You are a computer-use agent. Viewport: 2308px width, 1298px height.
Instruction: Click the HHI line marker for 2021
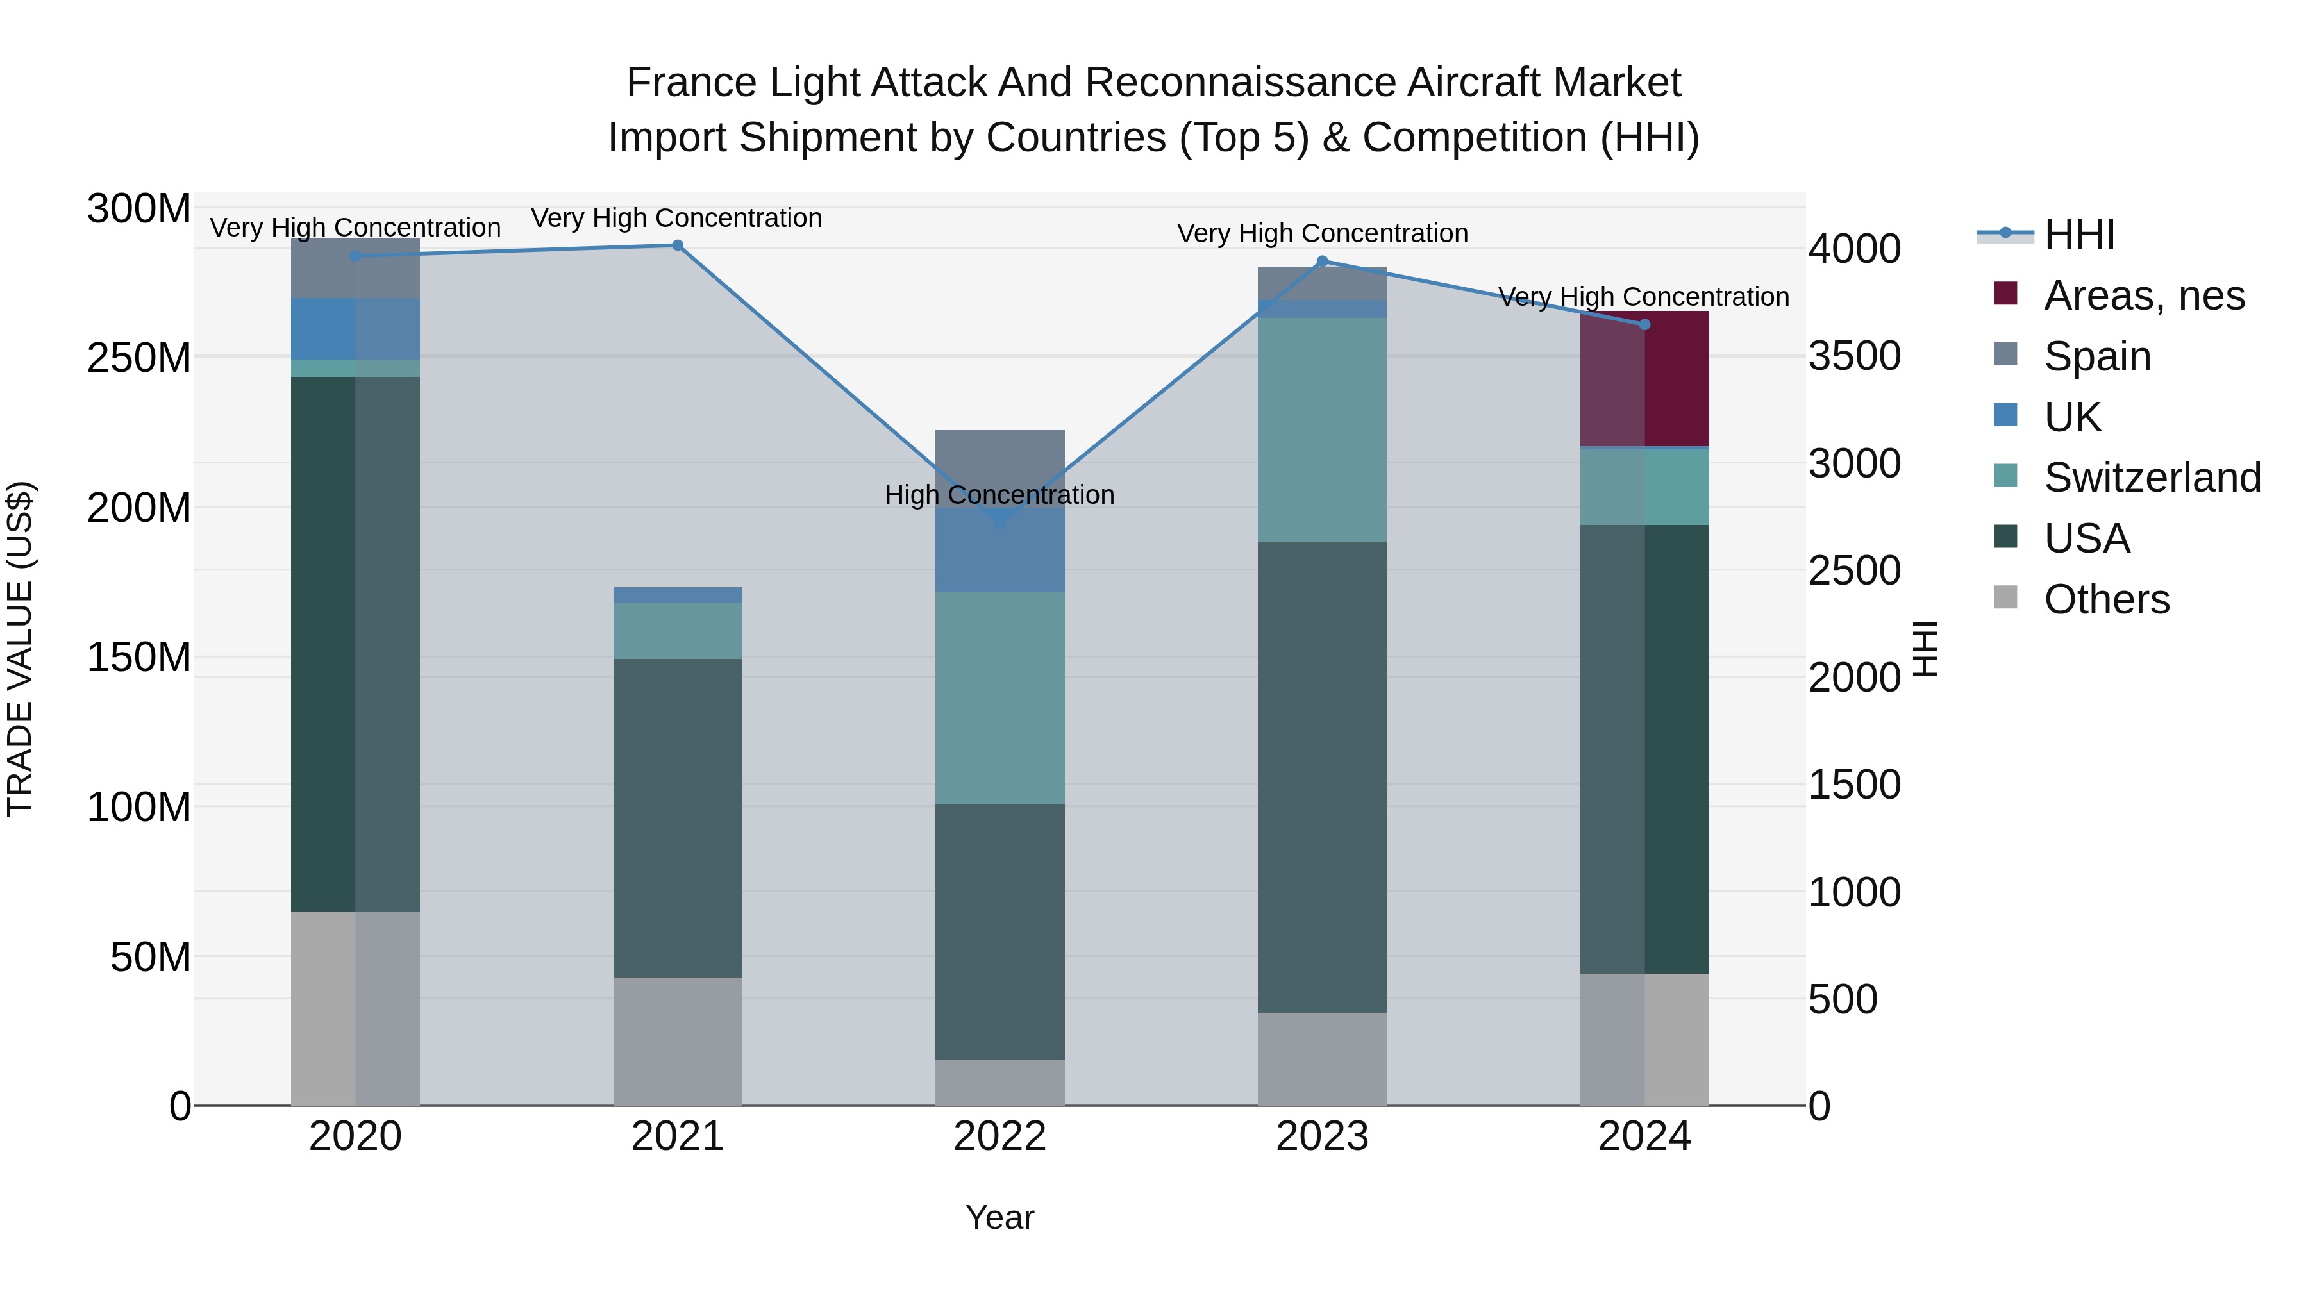coord(678,245)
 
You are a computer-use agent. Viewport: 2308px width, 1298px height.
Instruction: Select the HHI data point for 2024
coord(1644,324)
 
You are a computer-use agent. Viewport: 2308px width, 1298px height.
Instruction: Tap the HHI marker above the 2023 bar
coord(1321,262)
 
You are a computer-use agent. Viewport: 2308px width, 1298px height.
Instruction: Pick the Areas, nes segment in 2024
coord(1644,379)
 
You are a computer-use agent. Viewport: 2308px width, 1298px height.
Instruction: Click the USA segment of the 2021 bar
coord(678,817)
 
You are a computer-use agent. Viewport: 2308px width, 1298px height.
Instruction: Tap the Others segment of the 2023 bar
coord(1321,1059)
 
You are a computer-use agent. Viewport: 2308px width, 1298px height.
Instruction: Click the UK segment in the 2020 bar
coord(355,329)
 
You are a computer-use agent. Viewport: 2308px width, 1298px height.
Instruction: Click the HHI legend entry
coord(2078,235)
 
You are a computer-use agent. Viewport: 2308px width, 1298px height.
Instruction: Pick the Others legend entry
coord(2105,599)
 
